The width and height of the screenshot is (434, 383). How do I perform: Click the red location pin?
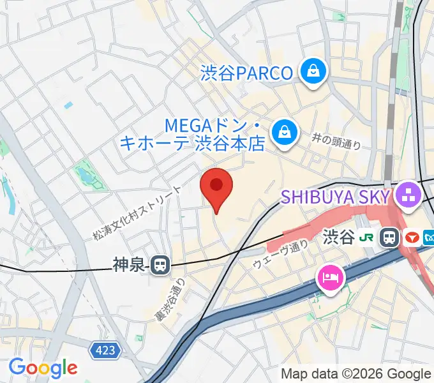(x=216, y=187)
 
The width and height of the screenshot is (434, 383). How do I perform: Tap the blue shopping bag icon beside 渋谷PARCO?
(x=313, y=72)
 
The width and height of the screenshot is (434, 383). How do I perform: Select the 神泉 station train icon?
(x=160, y=263)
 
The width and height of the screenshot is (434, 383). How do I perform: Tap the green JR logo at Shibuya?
(x=366, y=238)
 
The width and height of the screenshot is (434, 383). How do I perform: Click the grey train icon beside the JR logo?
(x=388, y=238)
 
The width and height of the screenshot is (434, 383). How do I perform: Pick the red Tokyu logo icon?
(x=412, y=238)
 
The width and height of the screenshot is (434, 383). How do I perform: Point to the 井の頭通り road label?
(x=337, y=141)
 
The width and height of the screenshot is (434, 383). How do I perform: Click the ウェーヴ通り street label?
(x=281, y=254)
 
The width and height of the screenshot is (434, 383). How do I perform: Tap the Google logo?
(x=43, y=367)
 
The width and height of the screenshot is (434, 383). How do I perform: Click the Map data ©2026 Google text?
(x=356, y=373)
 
